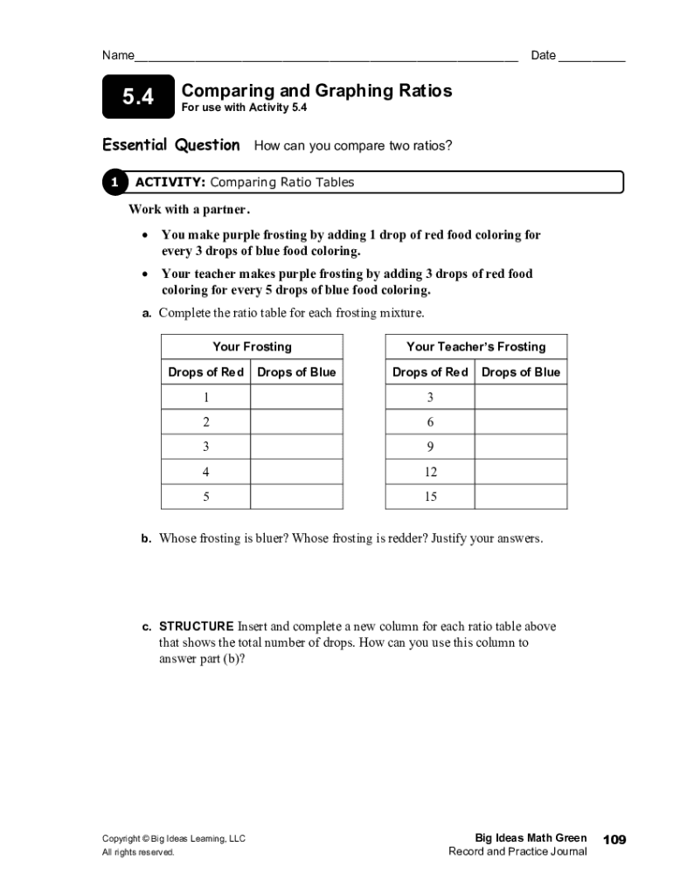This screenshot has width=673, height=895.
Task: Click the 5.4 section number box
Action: [x=137, y=98]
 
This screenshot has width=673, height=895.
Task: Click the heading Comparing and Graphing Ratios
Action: [x=316, y=91]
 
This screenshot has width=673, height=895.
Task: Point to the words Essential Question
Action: [x=171, y=145]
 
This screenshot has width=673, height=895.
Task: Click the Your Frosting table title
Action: [x=252, y=347]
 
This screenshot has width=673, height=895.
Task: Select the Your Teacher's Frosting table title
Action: [x=475, y=347]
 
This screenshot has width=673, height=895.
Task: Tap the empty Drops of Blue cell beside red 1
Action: [x=296, y=397]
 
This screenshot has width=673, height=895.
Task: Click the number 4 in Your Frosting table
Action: [x=206, y=472]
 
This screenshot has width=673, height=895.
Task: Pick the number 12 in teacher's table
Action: [x=430, y=472]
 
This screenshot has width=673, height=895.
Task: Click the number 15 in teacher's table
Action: [x=430, y=496]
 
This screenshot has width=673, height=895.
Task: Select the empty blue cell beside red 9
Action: [x=520, y=447]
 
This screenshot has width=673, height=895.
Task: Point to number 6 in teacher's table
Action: [x=430, y=422]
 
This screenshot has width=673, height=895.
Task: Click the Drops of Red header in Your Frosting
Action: [x=206, y=372]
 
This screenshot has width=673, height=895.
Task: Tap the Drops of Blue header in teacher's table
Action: [x=521, y=372]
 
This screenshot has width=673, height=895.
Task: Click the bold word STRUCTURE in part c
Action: [x=197, y=627]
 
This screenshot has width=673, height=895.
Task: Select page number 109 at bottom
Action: [x=614, y=840]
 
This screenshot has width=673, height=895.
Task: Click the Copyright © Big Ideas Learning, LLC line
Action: [x=174, y=839]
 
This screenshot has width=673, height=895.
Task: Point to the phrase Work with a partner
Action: [x=189, y=210]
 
